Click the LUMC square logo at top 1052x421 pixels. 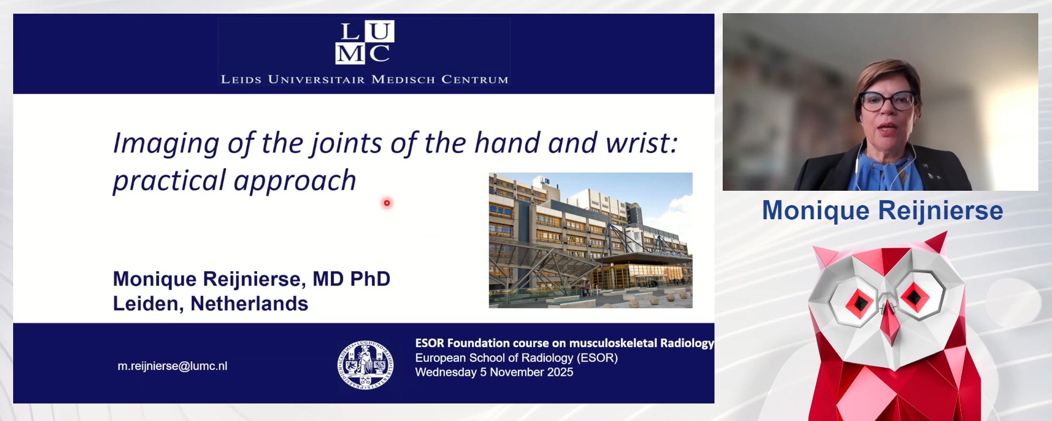[365, 42]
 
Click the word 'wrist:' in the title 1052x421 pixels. [642, 143]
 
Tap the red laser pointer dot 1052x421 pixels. [387, 203]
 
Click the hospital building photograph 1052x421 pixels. [590, 240]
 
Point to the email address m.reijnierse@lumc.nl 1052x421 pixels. [172, 366]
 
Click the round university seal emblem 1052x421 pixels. [365, 365]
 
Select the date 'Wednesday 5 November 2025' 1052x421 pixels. [494, 372]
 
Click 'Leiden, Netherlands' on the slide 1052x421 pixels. [210, 304]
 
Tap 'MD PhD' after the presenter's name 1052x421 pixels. [351, 279]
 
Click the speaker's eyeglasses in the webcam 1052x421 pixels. [887, 101]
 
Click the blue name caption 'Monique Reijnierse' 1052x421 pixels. [882, 210]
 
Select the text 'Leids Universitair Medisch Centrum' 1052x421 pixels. [364, 79]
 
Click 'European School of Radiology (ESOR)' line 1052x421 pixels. [516, 358]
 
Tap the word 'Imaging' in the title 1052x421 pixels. [165, 143]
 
